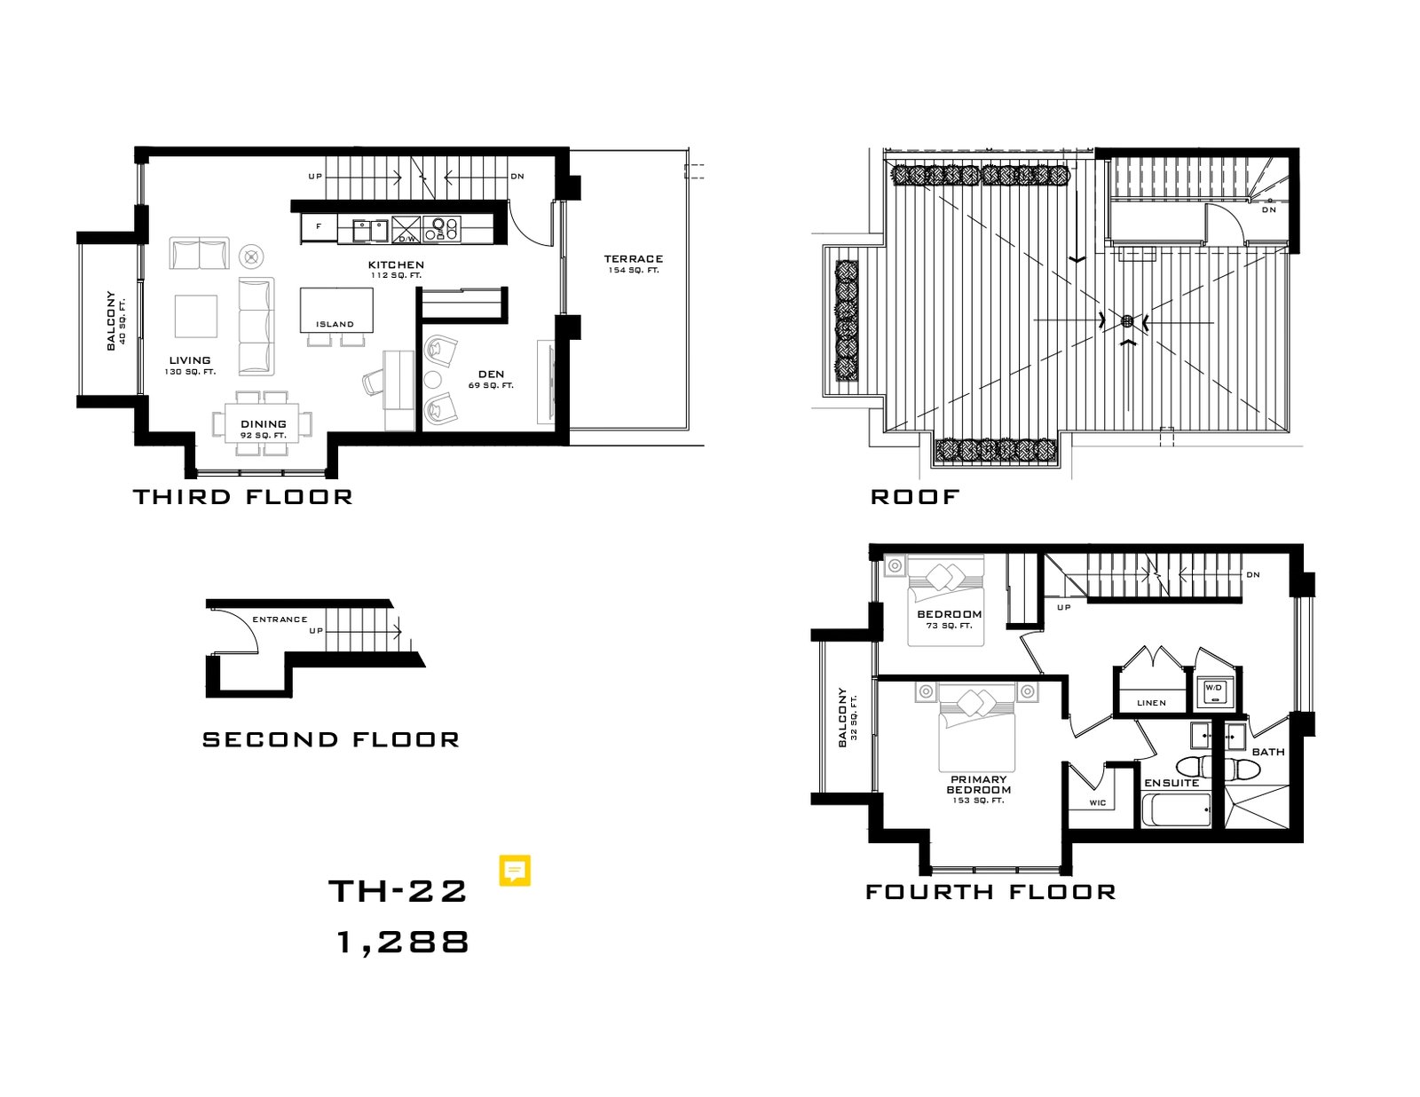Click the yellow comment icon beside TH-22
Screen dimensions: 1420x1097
click(515, 871)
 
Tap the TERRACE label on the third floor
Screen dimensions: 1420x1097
click(633, 259)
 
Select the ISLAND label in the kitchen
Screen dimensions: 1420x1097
click(335, 324)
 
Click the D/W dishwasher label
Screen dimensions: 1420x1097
click(406, 239)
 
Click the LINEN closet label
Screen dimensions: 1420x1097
click(1151, 703)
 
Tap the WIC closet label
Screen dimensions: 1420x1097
click(1098, 803)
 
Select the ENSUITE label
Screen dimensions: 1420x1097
click(1171, 783)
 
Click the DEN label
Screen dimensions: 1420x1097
click(491, 375)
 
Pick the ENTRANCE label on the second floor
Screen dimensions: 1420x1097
click(280, 620)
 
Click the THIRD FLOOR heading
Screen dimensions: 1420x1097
click(243, 496)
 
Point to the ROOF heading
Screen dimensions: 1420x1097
click(915, 496)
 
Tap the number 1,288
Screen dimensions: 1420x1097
click(403, 943)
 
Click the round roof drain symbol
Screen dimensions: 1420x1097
click(1126, 320)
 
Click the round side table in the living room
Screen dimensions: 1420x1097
click(251, 256)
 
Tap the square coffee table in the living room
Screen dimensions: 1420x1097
click(196, 316)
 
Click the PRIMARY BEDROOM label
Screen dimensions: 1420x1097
click(978, 784)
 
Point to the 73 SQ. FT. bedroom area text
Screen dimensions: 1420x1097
click(949, 626)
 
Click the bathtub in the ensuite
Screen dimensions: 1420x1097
click(1176, 809)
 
